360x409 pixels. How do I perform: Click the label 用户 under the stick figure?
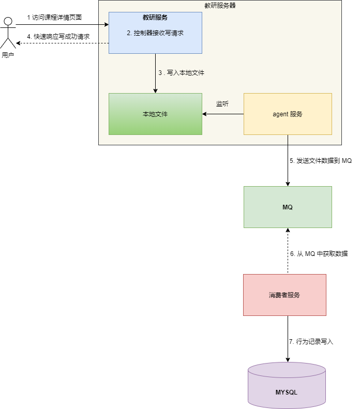click(x=8, y=55)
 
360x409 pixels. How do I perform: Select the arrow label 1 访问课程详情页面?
click(x=54, y=17)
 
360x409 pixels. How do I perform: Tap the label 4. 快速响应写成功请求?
click(x=58, y=36)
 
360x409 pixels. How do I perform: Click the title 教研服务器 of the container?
click(x=220, y=6)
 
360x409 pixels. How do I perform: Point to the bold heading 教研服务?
click(x=155, y=17)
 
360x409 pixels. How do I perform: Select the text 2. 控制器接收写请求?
click(x=155, y=33)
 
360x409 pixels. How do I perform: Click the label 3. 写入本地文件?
click(x=181, y=73)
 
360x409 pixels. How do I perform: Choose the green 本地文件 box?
click(x=155, y=114)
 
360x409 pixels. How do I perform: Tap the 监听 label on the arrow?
click(x=222, y=104)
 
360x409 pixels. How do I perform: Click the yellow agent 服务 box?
click(x=287, y=114)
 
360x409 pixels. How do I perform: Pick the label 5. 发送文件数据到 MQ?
click(x=321, y=161)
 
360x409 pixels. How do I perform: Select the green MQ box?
click(x=288, y=207)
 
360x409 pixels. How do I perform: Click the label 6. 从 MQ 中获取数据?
click(x=319, y=254)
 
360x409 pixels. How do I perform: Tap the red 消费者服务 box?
click(x=284, y=295)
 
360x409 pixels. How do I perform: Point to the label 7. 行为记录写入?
click(x=311, y=342)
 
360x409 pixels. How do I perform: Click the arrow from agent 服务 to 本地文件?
click(x=222, y=114)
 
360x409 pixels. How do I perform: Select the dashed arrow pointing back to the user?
click(x=62, y=43)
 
